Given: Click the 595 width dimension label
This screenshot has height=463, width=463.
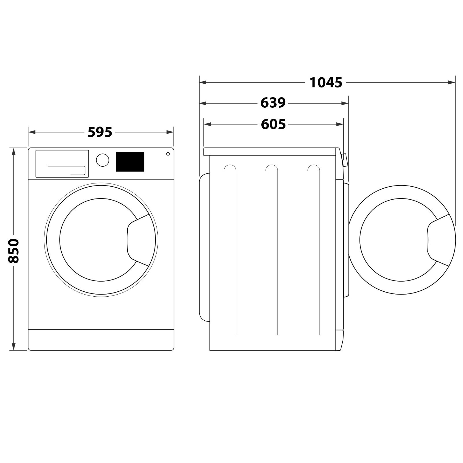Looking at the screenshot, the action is [x=100, y=132].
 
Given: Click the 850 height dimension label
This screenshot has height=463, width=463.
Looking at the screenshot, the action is [x=13, y=251].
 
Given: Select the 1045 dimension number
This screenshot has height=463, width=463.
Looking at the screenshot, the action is [x=326, y=83].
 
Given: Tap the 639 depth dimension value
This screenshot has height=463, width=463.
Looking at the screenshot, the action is [x=273, y=103].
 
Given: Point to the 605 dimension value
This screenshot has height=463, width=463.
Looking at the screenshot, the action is [x=273, y=124].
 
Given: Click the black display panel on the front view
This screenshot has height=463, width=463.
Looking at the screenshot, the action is [x=130, y=162].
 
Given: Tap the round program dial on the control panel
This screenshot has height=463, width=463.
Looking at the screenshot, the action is [x=102, y=160].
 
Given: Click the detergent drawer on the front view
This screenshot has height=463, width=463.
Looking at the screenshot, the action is [x=62, y=163].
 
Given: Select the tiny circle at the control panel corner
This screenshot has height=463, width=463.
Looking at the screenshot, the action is [x=168, y=154].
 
